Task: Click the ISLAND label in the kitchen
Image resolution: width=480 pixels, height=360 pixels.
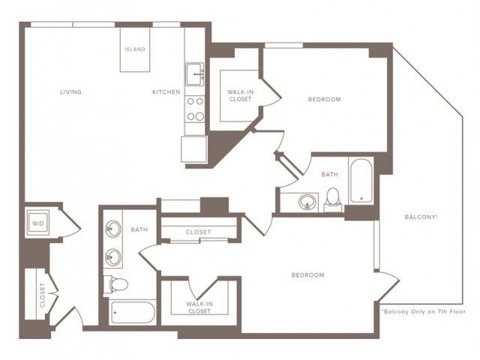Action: pyautogui.click(x=135, y=49)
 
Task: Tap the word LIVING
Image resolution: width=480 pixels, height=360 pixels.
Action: pyautogui.click(x=70, y=91)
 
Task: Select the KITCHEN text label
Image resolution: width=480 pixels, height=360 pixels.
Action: pyautogui.click(x=166, y=91)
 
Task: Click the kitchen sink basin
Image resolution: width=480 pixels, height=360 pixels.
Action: pyautogui.click(x=194, y=74)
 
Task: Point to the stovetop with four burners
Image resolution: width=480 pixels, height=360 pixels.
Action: pyautogui.click(x=195, y=109)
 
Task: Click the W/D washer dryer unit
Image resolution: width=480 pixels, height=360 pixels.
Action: pyautogui.click(x=38, y=223)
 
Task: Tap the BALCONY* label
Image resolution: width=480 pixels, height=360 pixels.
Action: pyautogui.click(x=421, y=217)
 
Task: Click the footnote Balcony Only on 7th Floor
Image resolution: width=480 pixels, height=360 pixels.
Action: pyautogui.click(x=423, y=312)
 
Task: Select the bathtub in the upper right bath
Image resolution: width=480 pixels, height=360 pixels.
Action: pyautogui.click(x=361, y=181)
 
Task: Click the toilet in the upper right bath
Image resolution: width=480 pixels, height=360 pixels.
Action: pyautogui.click(x=333, y=200)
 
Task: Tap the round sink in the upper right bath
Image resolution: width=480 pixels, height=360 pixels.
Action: pyautogui.click(x=307, y=202)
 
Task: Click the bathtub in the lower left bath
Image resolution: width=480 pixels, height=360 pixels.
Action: pyautogui.click(x=133, y=312)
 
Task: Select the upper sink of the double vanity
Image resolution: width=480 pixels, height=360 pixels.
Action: pyautogui.click(x=112, y=229)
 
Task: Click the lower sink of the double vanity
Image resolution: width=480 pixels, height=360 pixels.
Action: pyautogui.click(x=112, y=257)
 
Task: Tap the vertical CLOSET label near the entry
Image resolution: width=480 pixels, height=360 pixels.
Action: pyautogui.click(x=42, y=295)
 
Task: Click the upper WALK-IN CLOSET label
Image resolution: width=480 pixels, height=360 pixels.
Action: pyautogui.click(x=240, y=95)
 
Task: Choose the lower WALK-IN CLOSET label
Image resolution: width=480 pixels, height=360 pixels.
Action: pyautogui.click(x=199, y=307)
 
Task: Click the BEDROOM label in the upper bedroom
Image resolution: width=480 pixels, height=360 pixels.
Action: pyautogui.click(x=325, y=100)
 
